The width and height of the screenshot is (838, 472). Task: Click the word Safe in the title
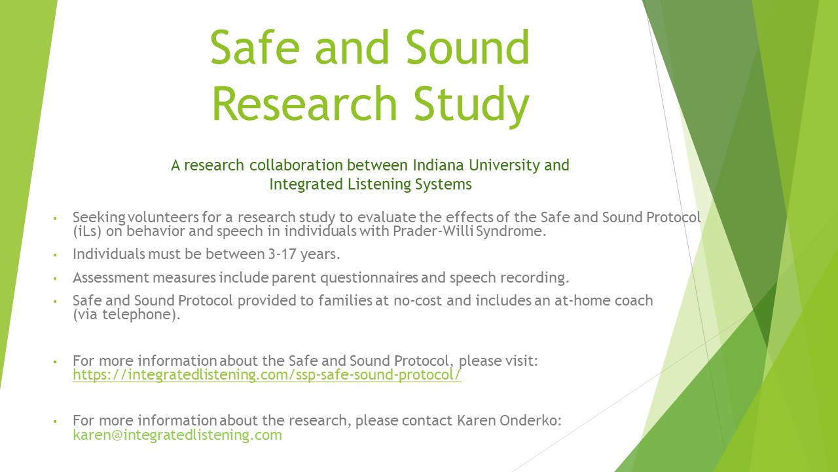(255, 48)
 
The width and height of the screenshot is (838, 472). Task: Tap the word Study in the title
(471, 104)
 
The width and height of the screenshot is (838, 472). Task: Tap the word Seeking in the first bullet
(99, 218)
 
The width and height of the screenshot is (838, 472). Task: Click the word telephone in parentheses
(137, 315)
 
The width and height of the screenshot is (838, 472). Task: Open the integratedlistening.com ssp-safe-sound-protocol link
(267, 375)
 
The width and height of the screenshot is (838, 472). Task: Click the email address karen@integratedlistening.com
(177, 435)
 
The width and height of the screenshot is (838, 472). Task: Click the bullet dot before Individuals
(55, 255)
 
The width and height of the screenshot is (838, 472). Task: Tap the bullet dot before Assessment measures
(55, 279)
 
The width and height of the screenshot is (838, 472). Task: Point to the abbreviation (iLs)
(87, 231)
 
